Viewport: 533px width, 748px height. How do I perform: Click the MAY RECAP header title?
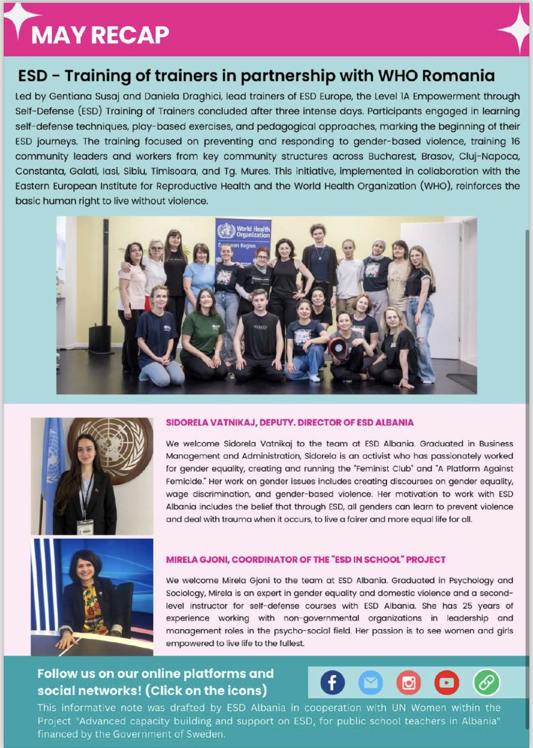(x=100, y=35)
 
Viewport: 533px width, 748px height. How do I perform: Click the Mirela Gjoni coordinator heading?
(x=305, y=559)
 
